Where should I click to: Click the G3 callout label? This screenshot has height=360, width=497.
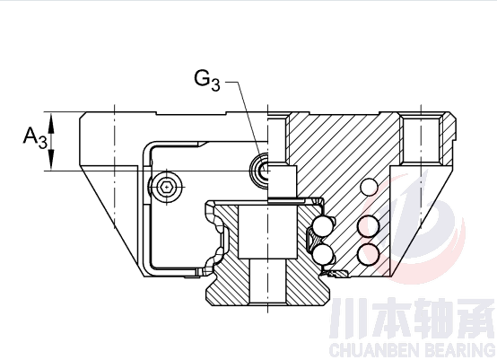click(x=207, y=81)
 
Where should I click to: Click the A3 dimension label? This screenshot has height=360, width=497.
click(x=35, y=138)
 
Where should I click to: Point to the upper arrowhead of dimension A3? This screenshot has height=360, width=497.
click(x=51, y=122)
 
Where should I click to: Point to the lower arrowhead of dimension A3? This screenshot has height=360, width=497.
click(x=51, y=160)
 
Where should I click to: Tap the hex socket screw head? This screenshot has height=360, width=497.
click(x=166, y=187)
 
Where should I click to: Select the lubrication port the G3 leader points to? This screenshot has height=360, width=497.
click(x=260, y=171)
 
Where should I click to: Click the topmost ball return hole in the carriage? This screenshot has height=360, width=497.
click(x=370, y=187)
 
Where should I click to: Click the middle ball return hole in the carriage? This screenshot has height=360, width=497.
click(x=369, y=226)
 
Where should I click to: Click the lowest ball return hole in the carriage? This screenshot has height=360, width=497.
click(x=369, y=254)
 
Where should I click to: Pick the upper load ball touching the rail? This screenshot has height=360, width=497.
click(x=323, y=227)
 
